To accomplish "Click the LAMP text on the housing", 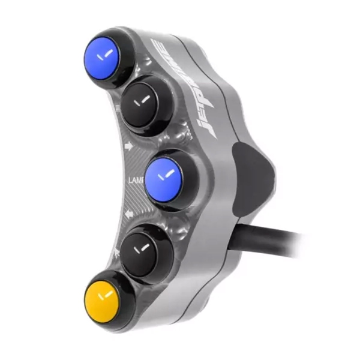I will pyautogui.click(x=135, y=179).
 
